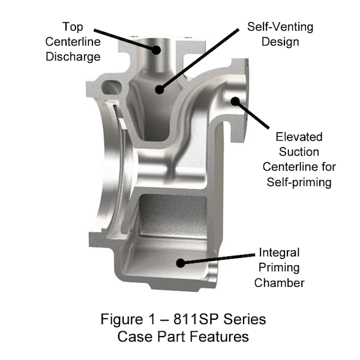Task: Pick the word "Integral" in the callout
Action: [279, 252]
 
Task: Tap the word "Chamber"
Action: [279, 283]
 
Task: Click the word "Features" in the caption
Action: [213, 336]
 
